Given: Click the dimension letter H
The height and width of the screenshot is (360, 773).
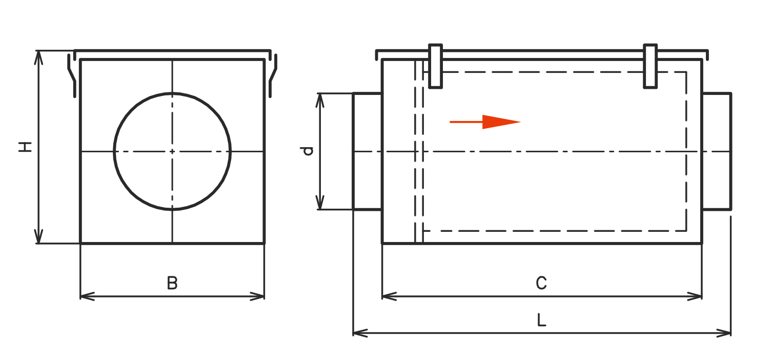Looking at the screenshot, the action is pyautogui.click(x=25, y=147).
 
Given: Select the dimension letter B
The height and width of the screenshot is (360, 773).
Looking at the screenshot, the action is pyautogui.click(x=172, y=283).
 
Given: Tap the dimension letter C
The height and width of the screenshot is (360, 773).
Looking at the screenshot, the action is pyautogui.click(x=541, y=283).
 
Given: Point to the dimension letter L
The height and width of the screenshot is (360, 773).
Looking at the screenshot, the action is pyautogui.click(x=542, y=321).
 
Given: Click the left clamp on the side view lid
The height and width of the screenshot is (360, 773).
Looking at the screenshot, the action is pyautogui.click(x=436, y=66).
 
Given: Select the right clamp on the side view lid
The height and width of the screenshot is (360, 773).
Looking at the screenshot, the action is pyautogui.click(x=650, y=66).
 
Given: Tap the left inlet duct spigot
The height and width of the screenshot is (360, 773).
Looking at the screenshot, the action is pyautogui.click(x=368, y=151).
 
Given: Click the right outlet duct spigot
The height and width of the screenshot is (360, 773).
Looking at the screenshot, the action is pyautogui.click(x=717, y=151).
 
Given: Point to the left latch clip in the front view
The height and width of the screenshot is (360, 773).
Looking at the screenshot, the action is pyautogui.click(x=72, y=76).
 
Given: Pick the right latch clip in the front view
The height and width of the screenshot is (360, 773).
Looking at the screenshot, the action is pyautogui.click(x=273, y=76).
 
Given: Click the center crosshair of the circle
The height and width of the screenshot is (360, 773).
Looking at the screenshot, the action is pyautogui.click(x=172, y=151).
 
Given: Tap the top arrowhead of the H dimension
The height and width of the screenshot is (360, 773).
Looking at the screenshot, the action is pyautogui.click(x=38, y=57).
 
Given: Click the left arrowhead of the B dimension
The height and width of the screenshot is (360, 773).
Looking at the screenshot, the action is pyautogui.click(x=87, y=296).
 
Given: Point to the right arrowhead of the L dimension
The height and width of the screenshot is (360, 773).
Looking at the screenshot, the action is pyautogui.click(x=723, y=333).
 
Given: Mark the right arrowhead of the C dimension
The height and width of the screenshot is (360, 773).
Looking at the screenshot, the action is pyautogui.click(x=695, y=296).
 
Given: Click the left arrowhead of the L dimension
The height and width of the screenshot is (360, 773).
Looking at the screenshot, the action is pyautogui.click(x=360, y=333).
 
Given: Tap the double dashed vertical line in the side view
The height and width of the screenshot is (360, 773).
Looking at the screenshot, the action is pyautogui.click(x=419, y=152).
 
